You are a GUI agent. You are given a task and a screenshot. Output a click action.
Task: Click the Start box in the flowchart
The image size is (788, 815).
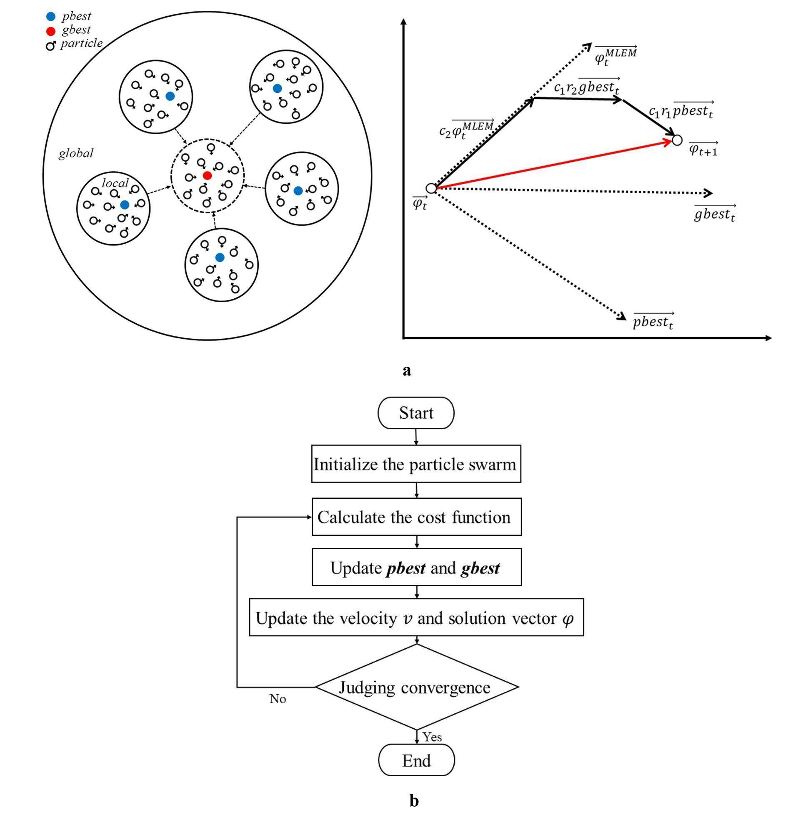coord(415,413)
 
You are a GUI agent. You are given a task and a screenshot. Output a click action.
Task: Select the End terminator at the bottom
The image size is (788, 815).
coord(416,760)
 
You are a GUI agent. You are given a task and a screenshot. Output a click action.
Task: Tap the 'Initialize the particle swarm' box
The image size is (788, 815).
coord(416,464)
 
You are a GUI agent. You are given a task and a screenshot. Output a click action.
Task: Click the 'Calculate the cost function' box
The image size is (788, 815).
coord(416,517)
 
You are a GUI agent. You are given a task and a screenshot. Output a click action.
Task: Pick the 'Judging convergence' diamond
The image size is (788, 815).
coord(416,687)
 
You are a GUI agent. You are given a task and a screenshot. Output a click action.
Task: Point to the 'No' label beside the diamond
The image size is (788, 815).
coord(278,699)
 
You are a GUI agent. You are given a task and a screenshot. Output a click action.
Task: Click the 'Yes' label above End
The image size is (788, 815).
coord(432,737)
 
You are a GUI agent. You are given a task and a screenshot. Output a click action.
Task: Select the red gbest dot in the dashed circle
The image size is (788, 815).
coord(207,175)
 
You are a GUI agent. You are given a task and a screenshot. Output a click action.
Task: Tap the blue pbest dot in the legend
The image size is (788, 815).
coord(51,17)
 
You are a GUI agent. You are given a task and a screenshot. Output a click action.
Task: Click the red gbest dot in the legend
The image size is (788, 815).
coord(51,31)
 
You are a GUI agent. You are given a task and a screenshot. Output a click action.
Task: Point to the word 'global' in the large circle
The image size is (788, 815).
coord(76,153)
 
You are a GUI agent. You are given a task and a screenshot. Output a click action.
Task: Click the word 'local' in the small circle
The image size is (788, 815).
coord(115,183)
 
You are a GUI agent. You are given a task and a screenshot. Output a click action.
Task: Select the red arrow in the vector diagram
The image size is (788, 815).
coord(554,165)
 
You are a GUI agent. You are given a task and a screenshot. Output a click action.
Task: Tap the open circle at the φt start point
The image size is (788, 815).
coord(431,188)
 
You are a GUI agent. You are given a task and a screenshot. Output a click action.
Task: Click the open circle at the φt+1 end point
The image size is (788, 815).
coord(677,140)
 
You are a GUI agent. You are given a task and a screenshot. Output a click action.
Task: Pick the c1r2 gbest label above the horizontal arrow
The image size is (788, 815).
coord(586,87)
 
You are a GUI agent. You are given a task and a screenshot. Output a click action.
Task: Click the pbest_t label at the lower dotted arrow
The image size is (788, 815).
coord(653,321)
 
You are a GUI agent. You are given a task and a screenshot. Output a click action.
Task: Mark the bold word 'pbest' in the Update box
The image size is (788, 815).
coord(406,568)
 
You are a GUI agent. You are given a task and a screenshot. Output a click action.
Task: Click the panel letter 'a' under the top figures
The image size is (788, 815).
coord(407,370)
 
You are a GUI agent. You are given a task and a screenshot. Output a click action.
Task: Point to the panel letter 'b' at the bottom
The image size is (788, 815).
coord(414,800)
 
